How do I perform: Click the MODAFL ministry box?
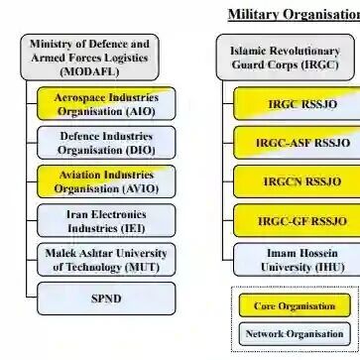89,58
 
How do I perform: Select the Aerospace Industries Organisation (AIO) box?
106,104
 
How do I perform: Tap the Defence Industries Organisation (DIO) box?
106,143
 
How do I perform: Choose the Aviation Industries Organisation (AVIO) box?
106,181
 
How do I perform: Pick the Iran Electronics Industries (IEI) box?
106,220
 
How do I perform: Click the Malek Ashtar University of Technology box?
106,260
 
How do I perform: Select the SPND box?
106,299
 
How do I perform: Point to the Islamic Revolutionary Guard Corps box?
286,58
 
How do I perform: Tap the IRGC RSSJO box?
297,104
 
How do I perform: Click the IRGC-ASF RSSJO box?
297,143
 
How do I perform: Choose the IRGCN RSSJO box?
297,181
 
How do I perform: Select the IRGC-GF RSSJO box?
297,220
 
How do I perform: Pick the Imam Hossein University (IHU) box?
297,260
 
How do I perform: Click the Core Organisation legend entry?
295,305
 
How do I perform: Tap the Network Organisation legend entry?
295,334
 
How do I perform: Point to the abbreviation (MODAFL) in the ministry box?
89,71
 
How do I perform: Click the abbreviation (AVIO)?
141,189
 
